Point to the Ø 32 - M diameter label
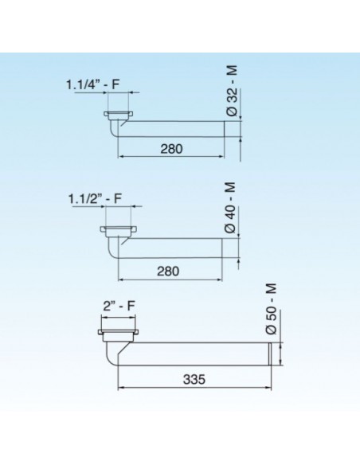pos(232,94)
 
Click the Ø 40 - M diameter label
pos(232,209)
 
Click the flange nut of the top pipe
pos(120,115)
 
